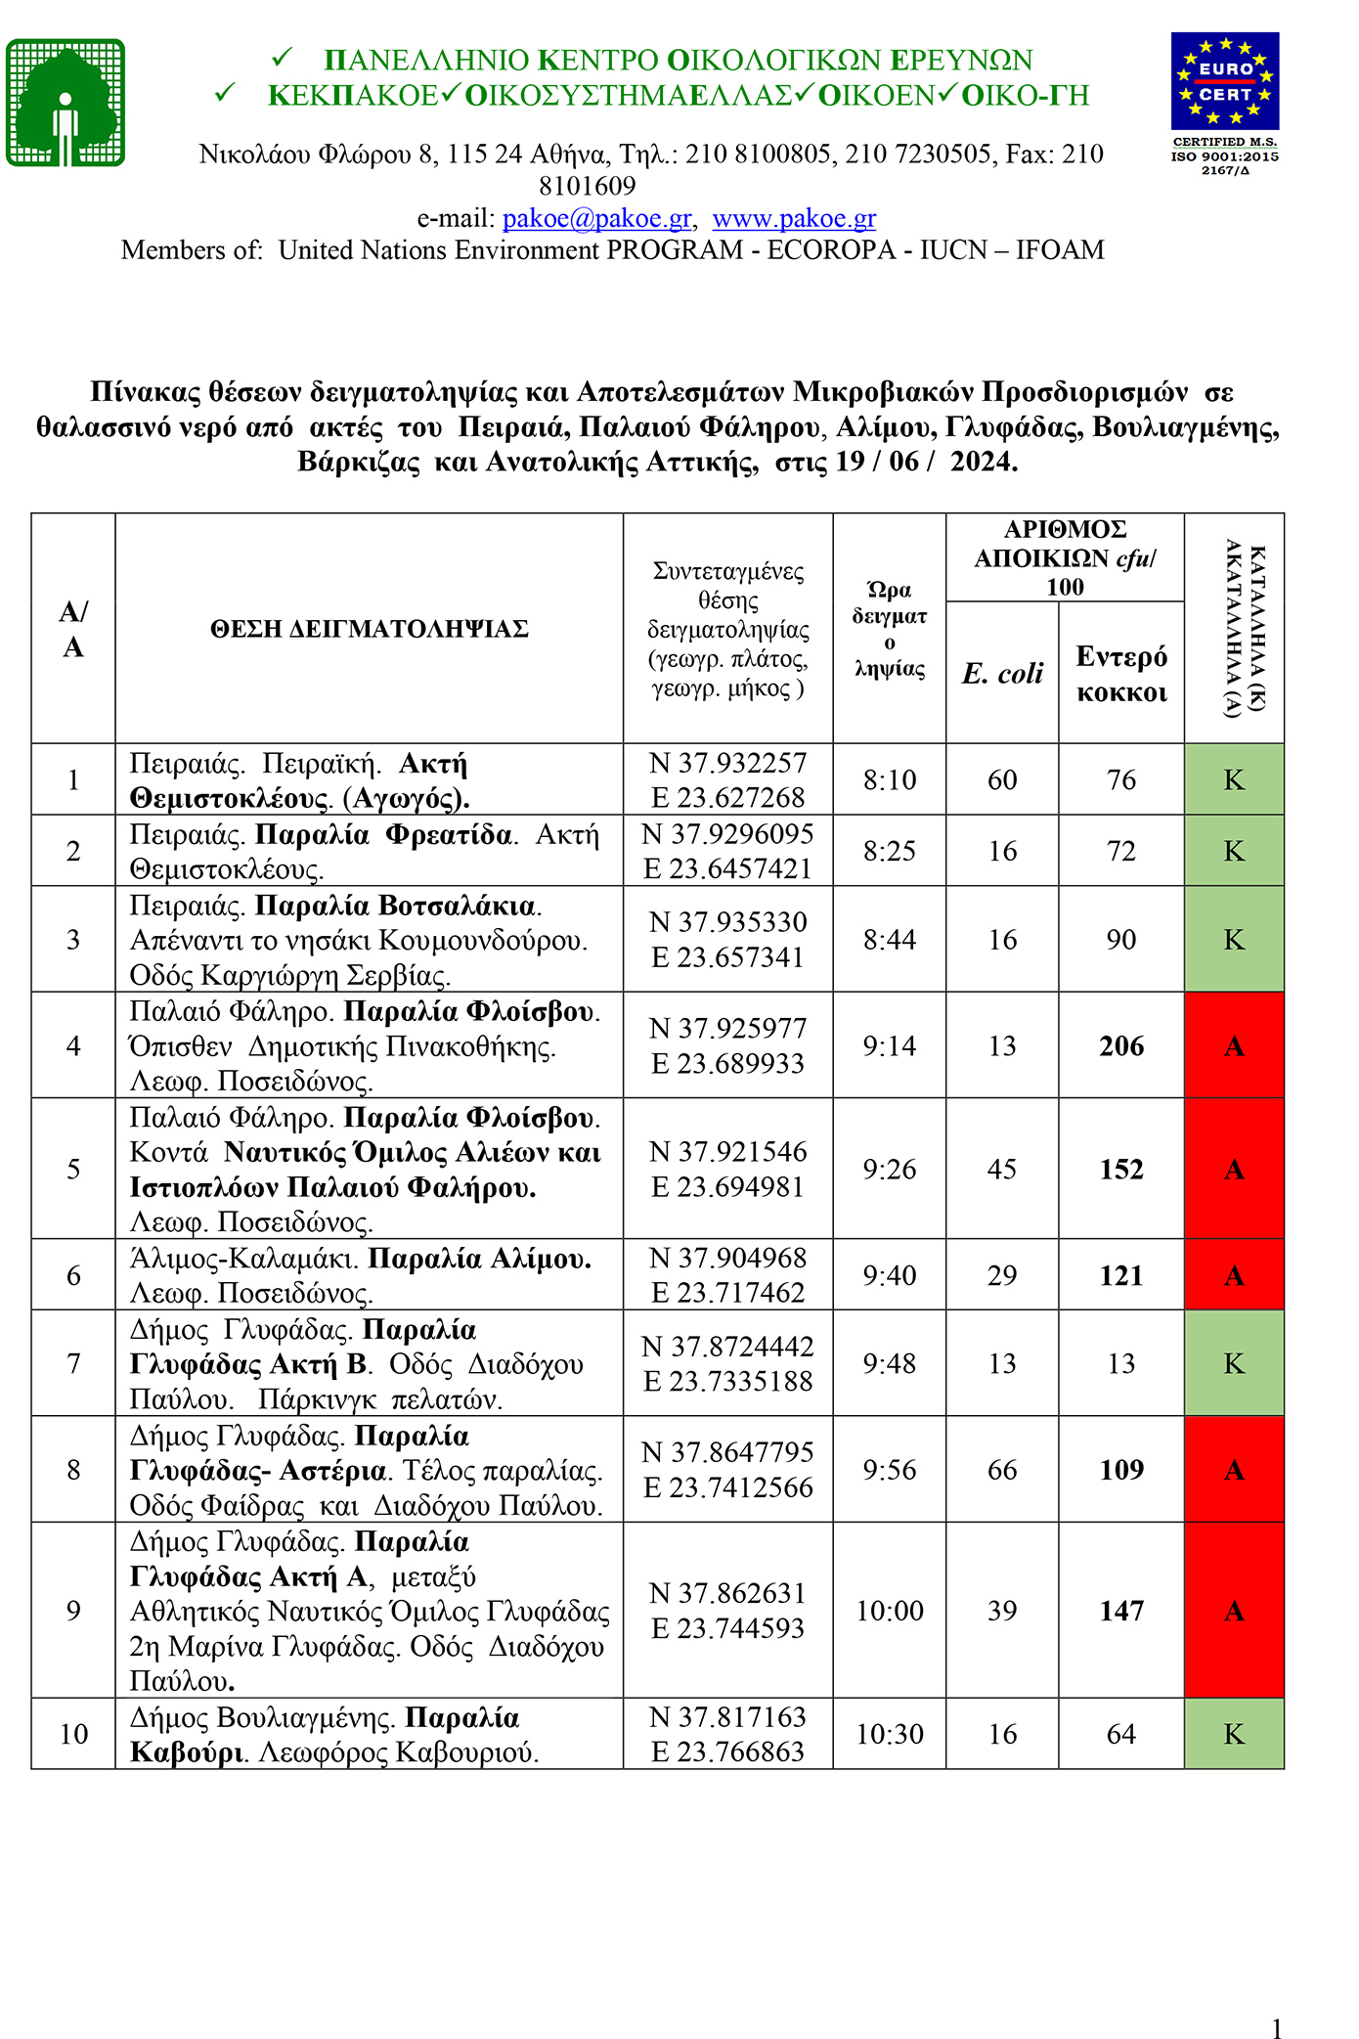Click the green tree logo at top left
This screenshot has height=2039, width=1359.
click(x=66, y=103)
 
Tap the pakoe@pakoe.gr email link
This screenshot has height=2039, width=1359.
click(x=596, y=218)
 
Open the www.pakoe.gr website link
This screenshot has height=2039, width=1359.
click(x=794, y=218)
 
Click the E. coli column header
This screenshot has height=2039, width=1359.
click(x=1002, y=673)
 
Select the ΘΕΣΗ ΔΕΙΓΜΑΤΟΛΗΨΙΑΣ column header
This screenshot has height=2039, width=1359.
click(x=369, y=629)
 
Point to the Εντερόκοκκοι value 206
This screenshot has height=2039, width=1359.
click(x=1121, y=1046)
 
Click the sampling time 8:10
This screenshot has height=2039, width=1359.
click(x=890, y=779)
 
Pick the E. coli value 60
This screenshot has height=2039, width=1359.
click(x=1002, y=779)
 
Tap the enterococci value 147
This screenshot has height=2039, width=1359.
click(x=1121, y=1611)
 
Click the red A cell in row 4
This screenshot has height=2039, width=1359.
click(x=1234, y=1046)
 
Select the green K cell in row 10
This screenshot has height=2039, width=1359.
click(x=1234, y=1734)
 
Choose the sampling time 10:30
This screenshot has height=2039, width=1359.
click(x=890, y=1734)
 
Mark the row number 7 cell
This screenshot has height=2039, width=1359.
click(x=73, y=1363)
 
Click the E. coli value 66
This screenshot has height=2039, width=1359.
click(x=1002, y=1470)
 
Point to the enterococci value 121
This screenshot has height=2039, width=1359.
click(x=1121, y=1275)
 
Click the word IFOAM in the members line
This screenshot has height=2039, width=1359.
click(x=1060, y=250)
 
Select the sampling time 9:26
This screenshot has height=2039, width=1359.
click(x=890, y=1170)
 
